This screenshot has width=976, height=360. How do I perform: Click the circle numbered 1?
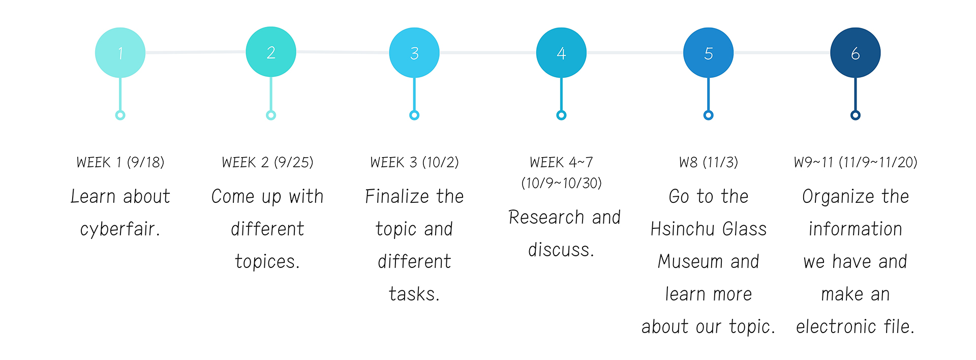click(x=120, y=53)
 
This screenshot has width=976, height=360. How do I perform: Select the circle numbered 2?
click(x=271, y=52)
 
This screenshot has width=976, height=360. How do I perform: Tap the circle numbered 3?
click(x=414, y=53)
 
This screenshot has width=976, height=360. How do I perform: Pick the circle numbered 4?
click(x=561, y=53)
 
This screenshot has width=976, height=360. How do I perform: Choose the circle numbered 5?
click(x=708, y=53)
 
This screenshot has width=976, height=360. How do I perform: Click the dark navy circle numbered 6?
click(x=856, y=53)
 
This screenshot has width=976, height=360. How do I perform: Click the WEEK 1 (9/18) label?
click(x=120, y=163)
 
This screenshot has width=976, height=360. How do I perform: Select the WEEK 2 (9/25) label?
click(x=268, y=163)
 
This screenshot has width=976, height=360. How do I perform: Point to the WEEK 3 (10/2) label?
click(x=415, y=163)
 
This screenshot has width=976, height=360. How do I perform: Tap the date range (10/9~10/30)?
click(x=562, y=183)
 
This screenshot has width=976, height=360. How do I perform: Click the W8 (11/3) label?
click(x=709, y=163)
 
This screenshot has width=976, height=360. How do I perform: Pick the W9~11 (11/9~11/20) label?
click(x=856, y=163)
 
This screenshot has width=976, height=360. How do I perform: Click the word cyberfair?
click(x=120, y=229)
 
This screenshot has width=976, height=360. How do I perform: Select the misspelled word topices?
click(x=267, y=262)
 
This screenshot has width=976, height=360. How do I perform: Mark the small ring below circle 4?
click(x=561, y=115)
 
